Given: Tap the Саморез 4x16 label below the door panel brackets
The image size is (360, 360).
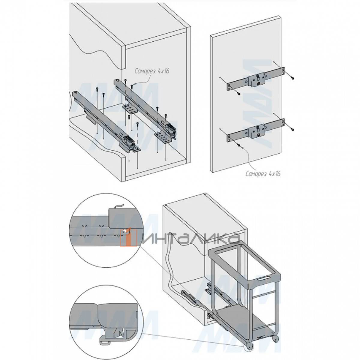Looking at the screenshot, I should [x=263, y=173].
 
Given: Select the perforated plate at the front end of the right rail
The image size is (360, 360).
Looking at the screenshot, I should [x=163, y=138].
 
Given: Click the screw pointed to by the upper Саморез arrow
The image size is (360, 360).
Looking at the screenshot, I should [x=131, y=86].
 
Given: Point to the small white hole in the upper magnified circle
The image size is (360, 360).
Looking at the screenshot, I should [x=124, y=231].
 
